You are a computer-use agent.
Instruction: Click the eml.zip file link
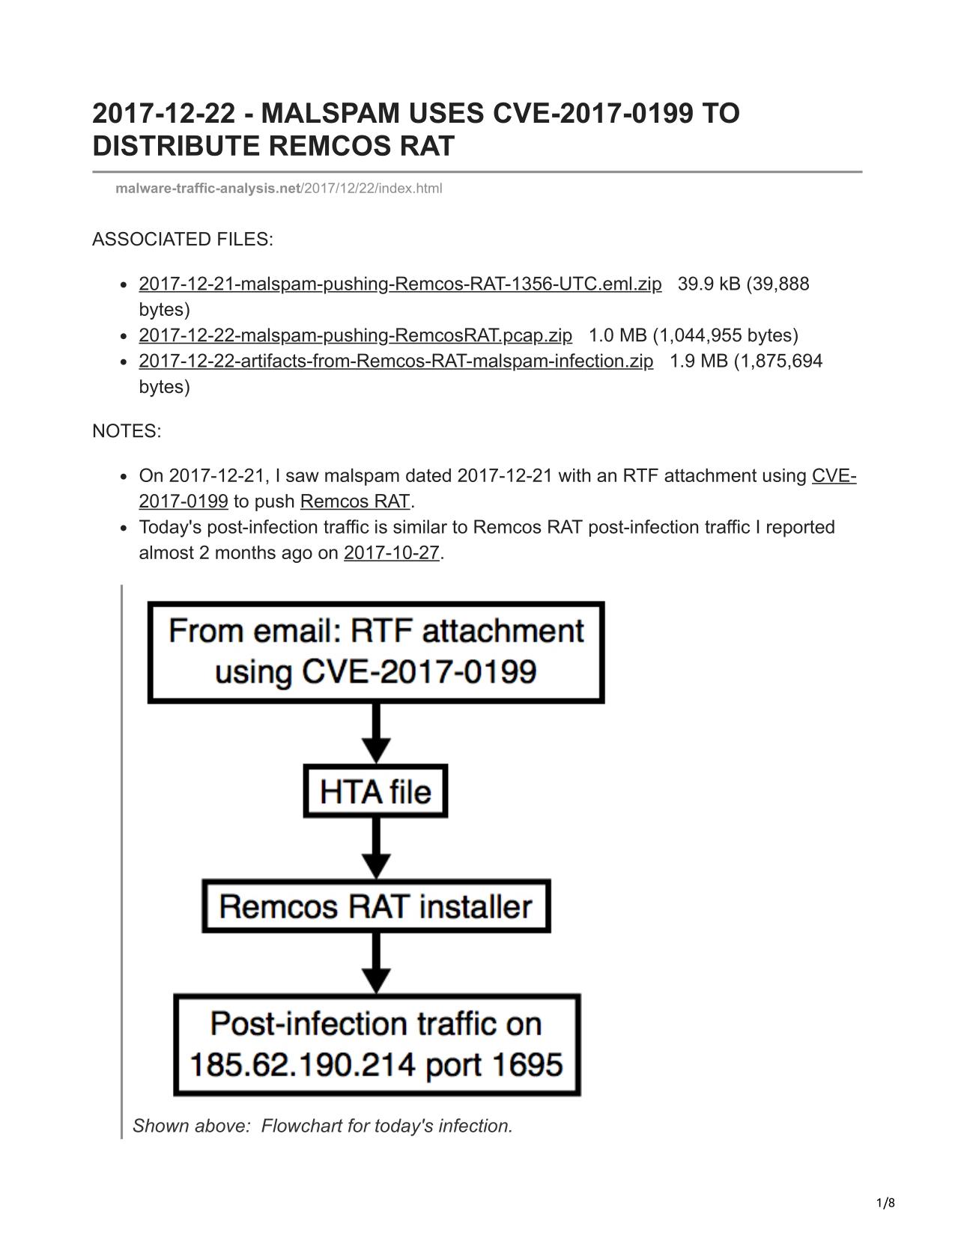tap(400, 284)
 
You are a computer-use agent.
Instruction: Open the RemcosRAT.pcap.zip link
tap(356, 335)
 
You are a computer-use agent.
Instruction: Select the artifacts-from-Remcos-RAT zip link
tap(396, 361)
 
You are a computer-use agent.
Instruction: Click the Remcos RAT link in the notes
tap(355, 501)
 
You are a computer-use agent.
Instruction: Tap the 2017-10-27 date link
tap(391, 552)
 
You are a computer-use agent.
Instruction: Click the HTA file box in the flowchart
tap(375, 792)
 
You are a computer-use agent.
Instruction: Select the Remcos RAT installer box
tap(376, 906)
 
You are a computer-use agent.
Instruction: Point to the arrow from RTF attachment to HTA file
tap(376, 734)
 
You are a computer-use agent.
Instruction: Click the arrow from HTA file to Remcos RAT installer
tap(376, 849)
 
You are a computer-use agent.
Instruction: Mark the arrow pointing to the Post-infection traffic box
tap(376, 963)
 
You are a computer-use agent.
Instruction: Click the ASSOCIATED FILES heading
tap(183, 240)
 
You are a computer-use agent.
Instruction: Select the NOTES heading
tap(127, 431)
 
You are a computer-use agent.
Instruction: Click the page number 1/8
tap(885, 1203)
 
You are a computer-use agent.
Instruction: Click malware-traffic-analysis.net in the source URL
tap(208, 189)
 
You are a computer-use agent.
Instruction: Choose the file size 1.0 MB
tap(618, 335)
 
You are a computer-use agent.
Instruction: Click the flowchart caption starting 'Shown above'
tap(323, 1126)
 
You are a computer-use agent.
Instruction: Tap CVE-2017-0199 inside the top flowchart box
tap(419, 672)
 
